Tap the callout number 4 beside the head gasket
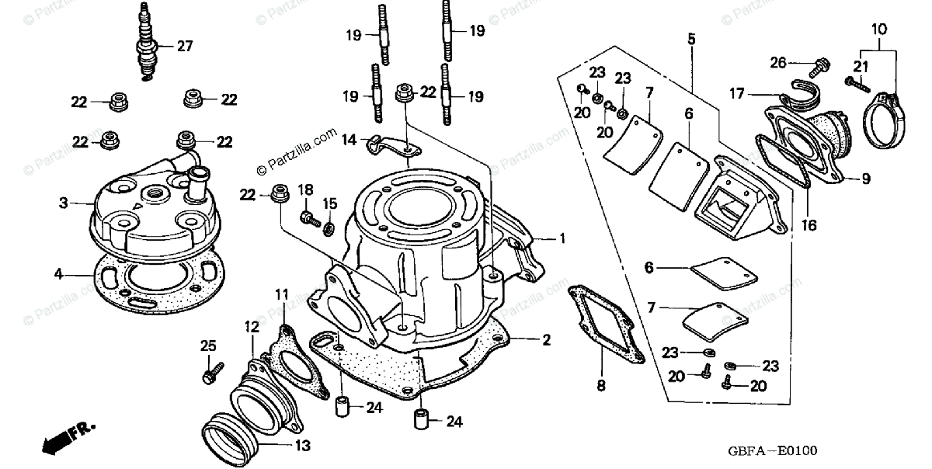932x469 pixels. pyautogui.click(x=58, y=274)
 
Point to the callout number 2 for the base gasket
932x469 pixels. pyautogui.click(x=546, y=339)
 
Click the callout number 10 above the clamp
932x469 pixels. pyautogui.click(x=878, y=30)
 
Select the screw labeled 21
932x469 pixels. pyautogui.click(x=854, y=81)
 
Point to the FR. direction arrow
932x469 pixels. pyautogui.click(x=68, y=436)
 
